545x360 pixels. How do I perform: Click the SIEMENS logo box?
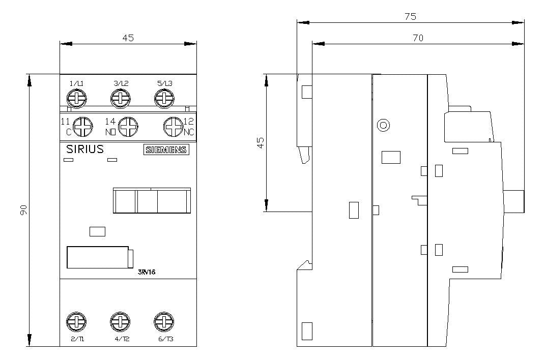[x=166, y=149]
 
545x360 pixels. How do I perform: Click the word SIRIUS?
[x=85, y=149]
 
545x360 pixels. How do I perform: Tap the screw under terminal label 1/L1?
[x=76, y=99]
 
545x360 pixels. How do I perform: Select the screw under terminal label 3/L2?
[x=121, y=99]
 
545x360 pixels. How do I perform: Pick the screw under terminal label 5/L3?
[x=164, y=99]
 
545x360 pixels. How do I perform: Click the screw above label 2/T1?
[x=76, y=321]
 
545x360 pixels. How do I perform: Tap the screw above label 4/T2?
[x=120, y=321]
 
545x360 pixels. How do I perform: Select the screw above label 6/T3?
[x=164, y=321]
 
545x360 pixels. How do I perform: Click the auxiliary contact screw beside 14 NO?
[x=128, y=127]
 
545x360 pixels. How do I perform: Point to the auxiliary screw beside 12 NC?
[x=174, y=127]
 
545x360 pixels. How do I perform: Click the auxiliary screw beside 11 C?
[x=83, y=127]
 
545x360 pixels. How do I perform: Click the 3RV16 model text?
[x=147, y=272]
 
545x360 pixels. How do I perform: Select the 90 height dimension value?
[x=23, y=209]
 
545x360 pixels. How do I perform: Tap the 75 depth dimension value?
[x=411, y=16]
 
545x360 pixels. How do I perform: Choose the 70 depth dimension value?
[x=418, y=38]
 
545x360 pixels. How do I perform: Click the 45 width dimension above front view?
[x=128, y=38]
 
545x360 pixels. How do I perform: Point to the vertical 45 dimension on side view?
[x=261, y=143]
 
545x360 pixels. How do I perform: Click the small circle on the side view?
[x=383, y=125]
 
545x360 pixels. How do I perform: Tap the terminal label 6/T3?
[x=166, y=339]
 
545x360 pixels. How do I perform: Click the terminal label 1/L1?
[x=76, y=83]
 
